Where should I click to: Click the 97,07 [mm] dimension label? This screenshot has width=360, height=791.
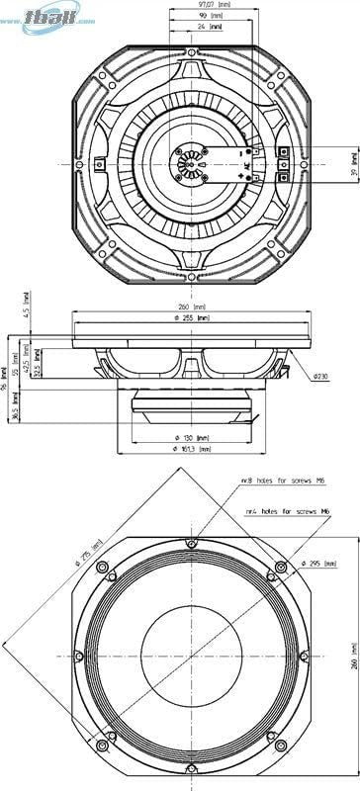coord(202,5)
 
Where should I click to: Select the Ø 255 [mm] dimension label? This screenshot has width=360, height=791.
coord(189,318)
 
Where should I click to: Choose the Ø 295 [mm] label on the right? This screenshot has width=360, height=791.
coord(316,562)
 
